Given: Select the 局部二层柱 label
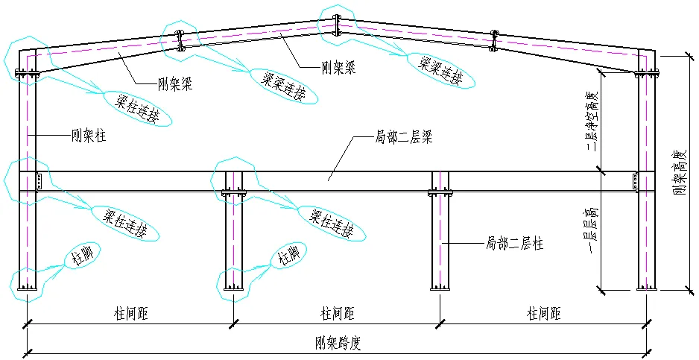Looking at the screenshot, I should [x=513, y=244].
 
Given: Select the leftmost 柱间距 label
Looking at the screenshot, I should [x=131, y=314].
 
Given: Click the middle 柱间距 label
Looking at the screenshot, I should [x=337, y=314].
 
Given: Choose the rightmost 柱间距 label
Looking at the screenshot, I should [x=543, y=314].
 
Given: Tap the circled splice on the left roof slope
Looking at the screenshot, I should [x=179, y=40].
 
